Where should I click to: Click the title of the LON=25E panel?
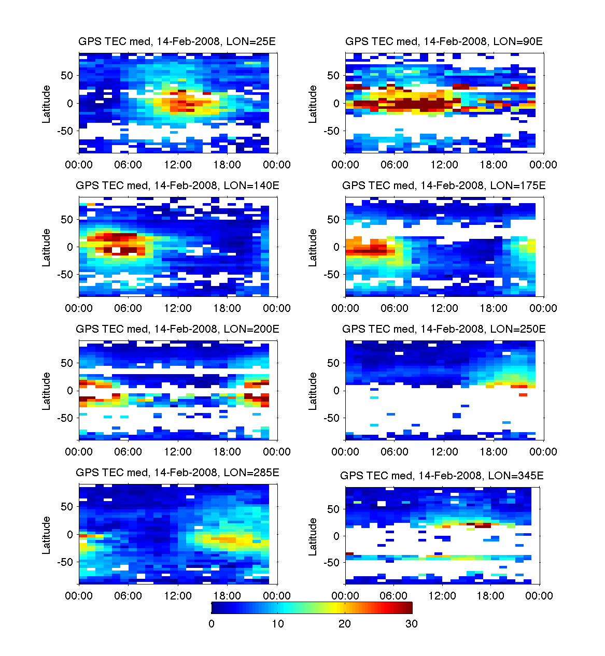[x=177, y=41]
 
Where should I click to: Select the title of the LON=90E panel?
[x=444, y=41]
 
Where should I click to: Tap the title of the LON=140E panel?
[x=177, y=186]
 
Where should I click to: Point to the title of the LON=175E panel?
[x=444, y=186]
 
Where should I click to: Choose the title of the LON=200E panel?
[x=177, y=329]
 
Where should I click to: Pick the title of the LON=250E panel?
[x=444, y=329]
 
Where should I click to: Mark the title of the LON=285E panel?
[x=177, y=473]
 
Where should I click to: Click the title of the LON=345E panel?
[x=442, y=476]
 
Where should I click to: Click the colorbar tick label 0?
[x=212, y=624]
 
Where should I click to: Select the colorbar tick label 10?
[x=278, y=624]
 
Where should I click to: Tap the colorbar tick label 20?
[x=345, y=624]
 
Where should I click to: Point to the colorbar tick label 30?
[x=411, y=624]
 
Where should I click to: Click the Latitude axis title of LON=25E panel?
[x=47, y=104]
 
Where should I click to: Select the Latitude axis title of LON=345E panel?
[x=313, y=537]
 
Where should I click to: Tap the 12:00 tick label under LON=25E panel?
[x=178, y=165]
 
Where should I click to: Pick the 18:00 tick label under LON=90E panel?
[x=494, y=165]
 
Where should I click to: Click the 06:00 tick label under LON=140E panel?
[x=128, y=308]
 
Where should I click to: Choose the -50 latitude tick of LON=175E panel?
[x=332, y=275]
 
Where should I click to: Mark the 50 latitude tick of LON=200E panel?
[x=67, y=363]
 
